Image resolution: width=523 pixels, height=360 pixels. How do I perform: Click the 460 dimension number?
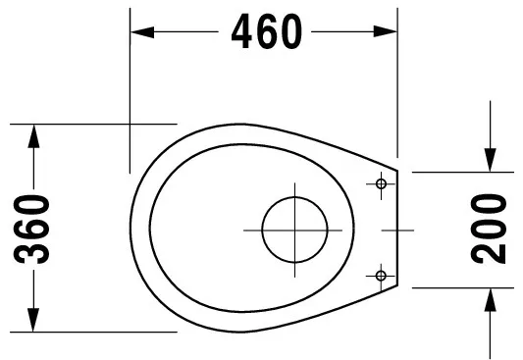(267, 31)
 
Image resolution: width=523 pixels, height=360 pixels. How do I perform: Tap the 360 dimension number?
(31, 230)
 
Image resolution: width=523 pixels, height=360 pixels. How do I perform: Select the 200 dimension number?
(489, 229)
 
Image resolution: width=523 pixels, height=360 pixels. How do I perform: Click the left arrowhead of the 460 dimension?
(142, 32)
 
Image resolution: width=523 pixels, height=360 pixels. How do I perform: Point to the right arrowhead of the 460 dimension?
(386, 31)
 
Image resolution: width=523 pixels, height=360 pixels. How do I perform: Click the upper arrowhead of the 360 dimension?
(33, 136)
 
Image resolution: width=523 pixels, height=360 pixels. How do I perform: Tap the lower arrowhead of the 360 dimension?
(33, 320)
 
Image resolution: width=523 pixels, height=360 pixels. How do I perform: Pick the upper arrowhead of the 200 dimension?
(490, 160)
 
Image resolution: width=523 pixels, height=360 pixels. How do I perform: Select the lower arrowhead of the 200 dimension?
(490, 300)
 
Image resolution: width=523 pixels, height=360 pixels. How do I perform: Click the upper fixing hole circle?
(381, 183)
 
